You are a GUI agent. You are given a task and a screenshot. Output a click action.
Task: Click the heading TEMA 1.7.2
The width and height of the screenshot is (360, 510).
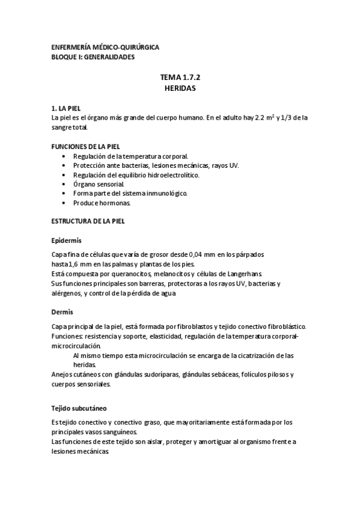pyautogui.click(x=180, y=78)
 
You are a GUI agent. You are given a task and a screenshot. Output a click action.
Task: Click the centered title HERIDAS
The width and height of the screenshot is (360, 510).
pyautogui.click(x=180, y=88)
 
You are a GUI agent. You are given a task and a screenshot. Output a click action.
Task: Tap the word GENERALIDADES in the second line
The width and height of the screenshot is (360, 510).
pyautogui.click(x=109, y=57)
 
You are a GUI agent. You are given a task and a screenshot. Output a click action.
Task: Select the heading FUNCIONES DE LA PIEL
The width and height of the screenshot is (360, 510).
pyautogui.click(x=86, y=146)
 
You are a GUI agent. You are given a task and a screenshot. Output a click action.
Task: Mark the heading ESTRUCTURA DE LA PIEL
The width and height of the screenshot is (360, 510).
pyautogui.click(x=88, y=221)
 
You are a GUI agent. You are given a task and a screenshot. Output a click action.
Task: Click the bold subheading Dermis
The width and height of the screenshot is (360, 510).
pyautogui.click(x=63, y=312)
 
